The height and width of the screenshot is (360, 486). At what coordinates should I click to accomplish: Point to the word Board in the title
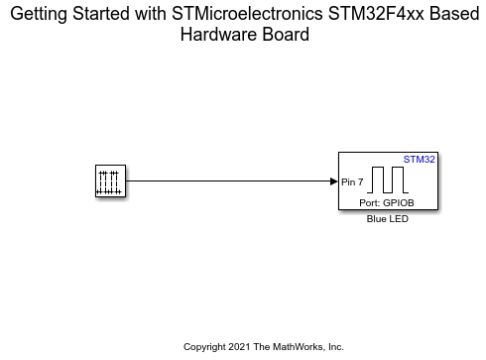pos(281,35)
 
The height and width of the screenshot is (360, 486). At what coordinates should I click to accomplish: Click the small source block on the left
pos(109,181)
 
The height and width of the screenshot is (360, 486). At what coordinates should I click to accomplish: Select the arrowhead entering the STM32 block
pos(333,181)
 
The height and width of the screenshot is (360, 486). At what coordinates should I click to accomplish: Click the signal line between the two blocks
pos(228,181)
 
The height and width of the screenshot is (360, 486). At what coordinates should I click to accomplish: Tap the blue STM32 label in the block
pos(421,159)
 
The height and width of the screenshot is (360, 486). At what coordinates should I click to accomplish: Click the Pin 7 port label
pos(352,181)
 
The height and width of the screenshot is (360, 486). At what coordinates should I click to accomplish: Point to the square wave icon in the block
pos(390,180)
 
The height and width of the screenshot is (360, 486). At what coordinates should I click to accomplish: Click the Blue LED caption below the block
pos(388,219)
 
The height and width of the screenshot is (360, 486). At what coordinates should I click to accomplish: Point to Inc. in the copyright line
pos(335,347)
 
